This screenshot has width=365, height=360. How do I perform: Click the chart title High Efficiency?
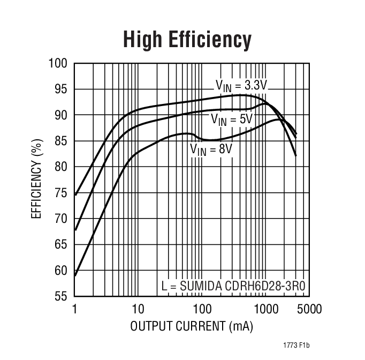187,40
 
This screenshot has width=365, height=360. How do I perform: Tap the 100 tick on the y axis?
59,64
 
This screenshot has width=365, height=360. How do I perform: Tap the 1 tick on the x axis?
75,309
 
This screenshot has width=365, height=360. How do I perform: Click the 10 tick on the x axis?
138,309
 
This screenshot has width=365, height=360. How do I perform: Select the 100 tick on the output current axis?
202,309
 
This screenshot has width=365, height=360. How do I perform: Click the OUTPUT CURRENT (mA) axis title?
192,326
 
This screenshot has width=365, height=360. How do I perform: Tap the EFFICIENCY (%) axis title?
37,180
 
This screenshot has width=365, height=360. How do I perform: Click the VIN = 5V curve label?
231,119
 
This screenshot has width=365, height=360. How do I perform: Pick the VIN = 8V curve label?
211,149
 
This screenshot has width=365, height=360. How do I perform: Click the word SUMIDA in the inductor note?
201,286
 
